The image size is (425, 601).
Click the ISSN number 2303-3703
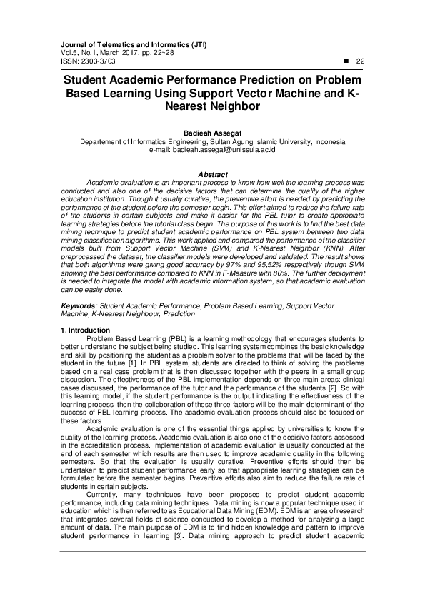91,61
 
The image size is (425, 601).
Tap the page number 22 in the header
360,61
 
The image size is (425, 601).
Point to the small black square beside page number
346,61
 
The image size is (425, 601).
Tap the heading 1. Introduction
85,330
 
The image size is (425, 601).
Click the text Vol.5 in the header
69,53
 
